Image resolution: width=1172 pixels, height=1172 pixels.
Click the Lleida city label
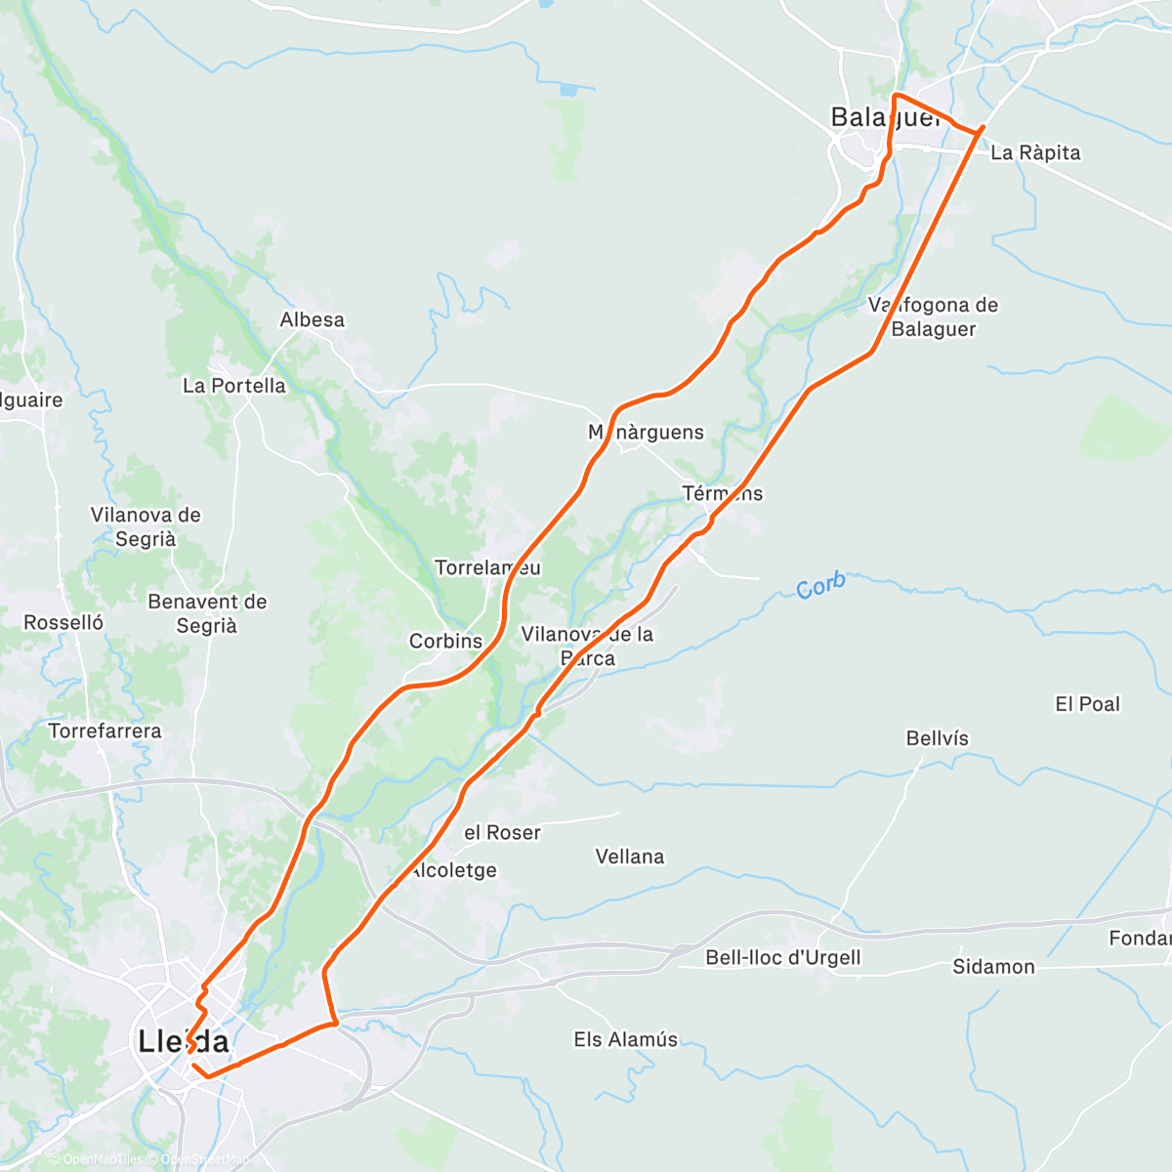click(184, 1041)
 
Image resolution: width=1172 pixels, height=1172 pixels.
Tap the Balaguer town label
click(885, 118)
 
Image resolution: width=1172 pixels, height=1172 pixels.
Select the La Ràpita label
click(1035, 153)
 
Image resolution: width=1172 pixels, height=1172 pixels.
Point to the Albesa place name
click(312, 320)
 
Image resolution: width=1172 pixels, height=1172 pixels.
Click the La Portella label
click(234, 386)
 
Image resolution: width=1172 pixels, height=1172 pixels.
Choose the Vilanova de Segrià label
click(146, 526)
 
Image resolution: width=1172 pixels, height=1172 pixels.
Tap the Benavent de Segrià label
click(207, 613)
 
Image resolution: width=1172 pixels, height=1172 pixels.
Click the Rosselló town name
click(63, 623)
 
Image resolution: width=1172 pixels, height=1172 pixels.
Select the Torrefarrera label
click(105, 732)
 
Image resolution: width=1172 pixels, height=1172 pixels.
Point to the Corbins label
click(445, 642)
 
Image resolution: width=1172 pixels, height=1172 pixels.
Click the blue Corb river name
click(820, 586)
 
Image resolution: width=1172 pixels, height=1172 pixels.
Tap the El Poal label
click(1087, 704)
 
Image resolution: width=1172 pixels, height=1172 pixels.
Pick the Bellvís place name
click(937, 738)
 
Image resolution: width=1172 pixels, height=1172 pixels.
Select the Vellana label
click(630, 857)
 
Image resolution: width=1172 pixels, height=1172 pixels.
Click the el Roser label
click(502, 833)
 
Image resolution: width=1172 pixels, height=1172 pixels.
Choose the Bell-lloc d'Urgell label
click(783, 957)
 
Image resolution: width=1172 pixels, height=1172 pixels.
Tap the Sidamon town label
click(993, 967)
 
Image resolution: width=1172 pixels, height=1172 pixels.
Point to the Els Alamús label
click(626, 1039)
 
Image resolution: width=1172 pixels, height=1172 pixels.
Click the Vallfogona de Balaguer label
click(934, 317)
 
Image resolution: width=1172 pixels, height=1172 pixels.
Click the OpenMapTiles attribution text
click(102, 1159)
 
